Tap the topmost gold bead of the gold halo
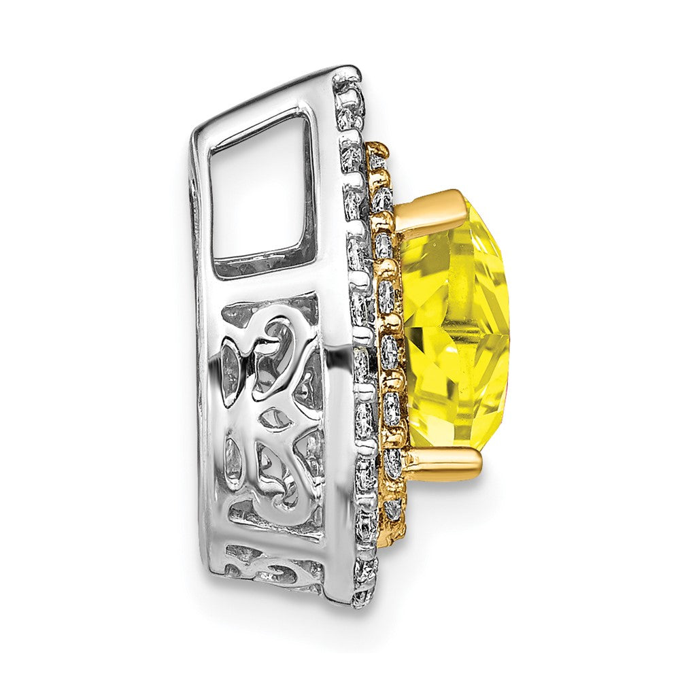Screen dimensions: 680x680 pos(378,148)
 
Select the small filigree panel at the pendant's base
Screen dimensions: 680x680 pos(272,561)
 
